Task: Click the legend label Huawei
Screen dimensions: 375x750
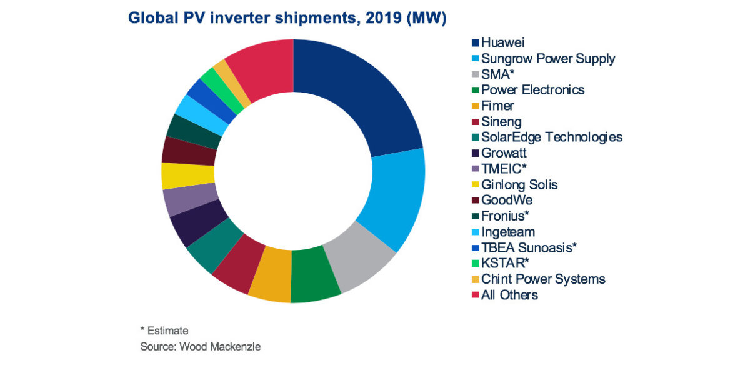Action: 502,43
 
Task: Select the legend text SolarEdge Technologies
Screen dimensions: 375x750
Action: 552,137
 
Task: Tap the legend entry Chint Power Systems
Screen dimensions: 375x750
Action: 543,279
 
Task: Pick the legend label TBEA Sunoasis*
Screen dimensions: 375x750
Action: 529,247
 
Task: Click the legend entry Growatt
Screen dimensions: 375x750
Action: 504,152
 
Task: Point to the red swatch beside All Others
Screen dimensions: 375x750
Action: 475,295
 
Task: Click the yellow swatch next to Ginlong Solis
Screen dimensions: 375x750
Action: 475,184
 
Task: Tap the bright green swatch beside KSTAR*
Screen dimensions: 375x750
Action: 475,263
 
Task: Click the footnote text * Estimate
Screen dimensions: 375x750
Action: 164,331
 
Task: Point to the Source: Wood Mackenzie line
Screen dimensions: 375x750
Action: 200,347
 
